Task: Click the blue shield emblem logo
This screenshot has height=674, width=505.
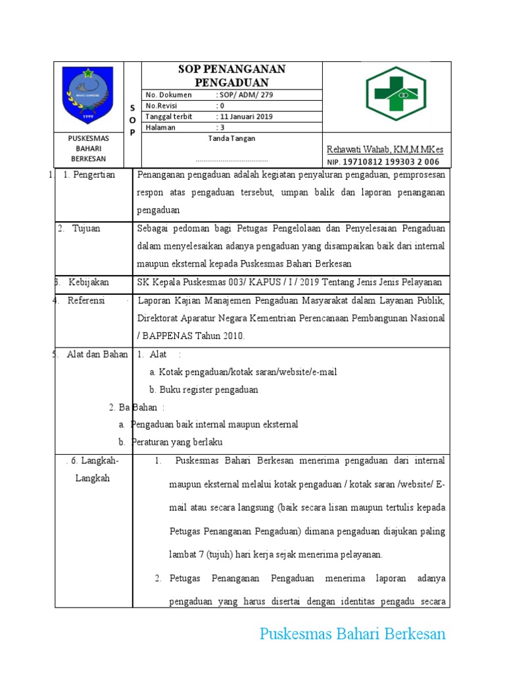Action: tap(87, 96)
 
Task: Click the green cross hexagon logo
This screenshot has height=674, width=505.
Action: tap(396, 93)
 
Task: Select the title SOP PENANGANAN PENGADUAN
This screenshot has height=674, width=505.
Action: tap(232, 76)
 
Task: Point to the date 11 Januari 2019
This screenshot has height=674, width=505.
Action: tap(246, 117)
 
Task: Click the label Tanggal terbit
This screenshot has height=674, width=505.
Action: tap(169, 117)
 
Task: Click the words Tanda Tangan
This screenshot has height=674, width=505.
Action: tap(231, 139)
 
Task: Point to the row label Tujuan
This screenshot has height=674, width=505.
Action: tap(86, 228)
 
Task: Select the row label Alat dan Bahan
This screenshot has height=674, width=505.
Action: tap(97, 354)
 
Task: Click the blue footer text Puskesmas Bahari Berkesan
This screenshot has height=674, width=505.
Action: tap(352, 635)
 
